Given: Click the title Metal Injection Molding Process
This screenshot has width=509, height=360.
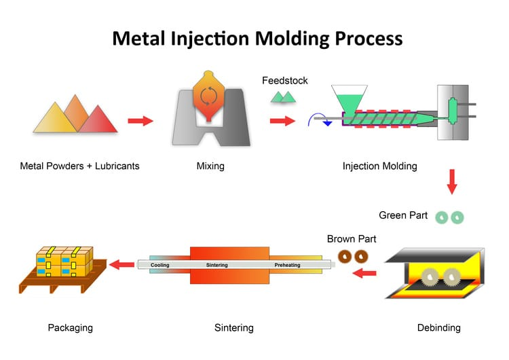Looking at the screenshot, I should coord(257,37).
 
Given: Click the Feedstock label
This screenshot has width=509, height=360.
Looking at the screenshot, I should coord(285,81).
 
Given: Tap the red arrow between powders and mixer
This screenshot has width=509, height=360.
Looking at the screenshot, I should coord(140,121).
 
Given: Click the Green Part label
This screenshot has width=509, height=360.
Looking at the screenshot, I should coord(403,216).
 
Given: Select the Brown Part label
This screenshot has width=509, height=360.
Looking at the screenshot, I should coord(352,239).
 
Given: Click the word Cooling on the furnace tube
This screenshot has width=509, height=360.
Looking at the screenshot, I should coord(160,265).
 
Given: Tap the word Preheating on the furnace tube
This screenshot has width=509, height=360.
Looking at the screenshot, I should coord(290,265).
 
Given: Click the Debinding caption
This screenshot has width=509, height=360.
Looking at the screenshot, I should coord(439,328).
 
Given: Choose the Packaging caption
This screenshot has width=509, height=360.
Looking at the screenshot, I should coord(71,328).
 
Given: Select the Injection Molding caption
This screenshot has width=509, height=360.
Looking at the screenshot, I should coord(380,166).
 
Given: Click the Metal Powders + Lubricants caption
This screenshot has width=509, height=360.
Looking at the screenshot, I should coord(79,166).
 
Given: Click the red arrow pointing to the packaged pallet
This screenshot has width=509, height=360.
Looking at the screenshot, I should coord(122,264).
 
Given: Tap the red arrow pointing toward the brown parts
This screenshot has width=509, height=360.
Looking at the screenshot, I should coord(366,274).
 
